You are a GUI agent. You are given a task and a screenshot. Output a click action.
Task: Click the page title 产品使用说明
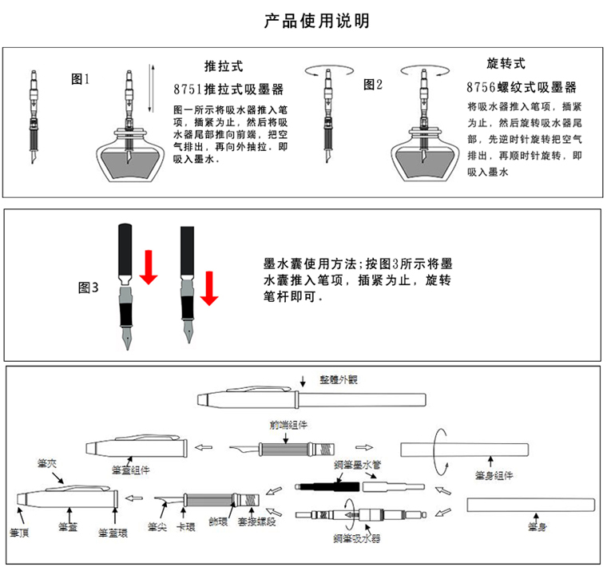[316, 21]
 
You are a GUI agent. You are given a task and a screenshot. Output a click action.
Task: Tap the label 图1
[81, 79]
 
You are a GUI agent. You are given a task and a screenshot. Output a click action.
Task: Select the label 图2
[373, 84]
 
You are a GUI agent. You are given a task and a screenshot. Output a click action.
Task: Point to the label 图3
[88, 287]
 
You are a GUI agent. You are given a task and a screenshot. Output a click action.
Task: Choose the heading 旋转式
[506, 63]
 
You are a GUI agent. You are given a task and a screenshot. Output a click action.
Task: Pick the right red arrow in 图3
[209, 287]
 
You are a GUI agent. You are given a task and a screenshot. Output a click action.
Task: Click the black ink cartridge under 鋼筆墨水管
[327, 486]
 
